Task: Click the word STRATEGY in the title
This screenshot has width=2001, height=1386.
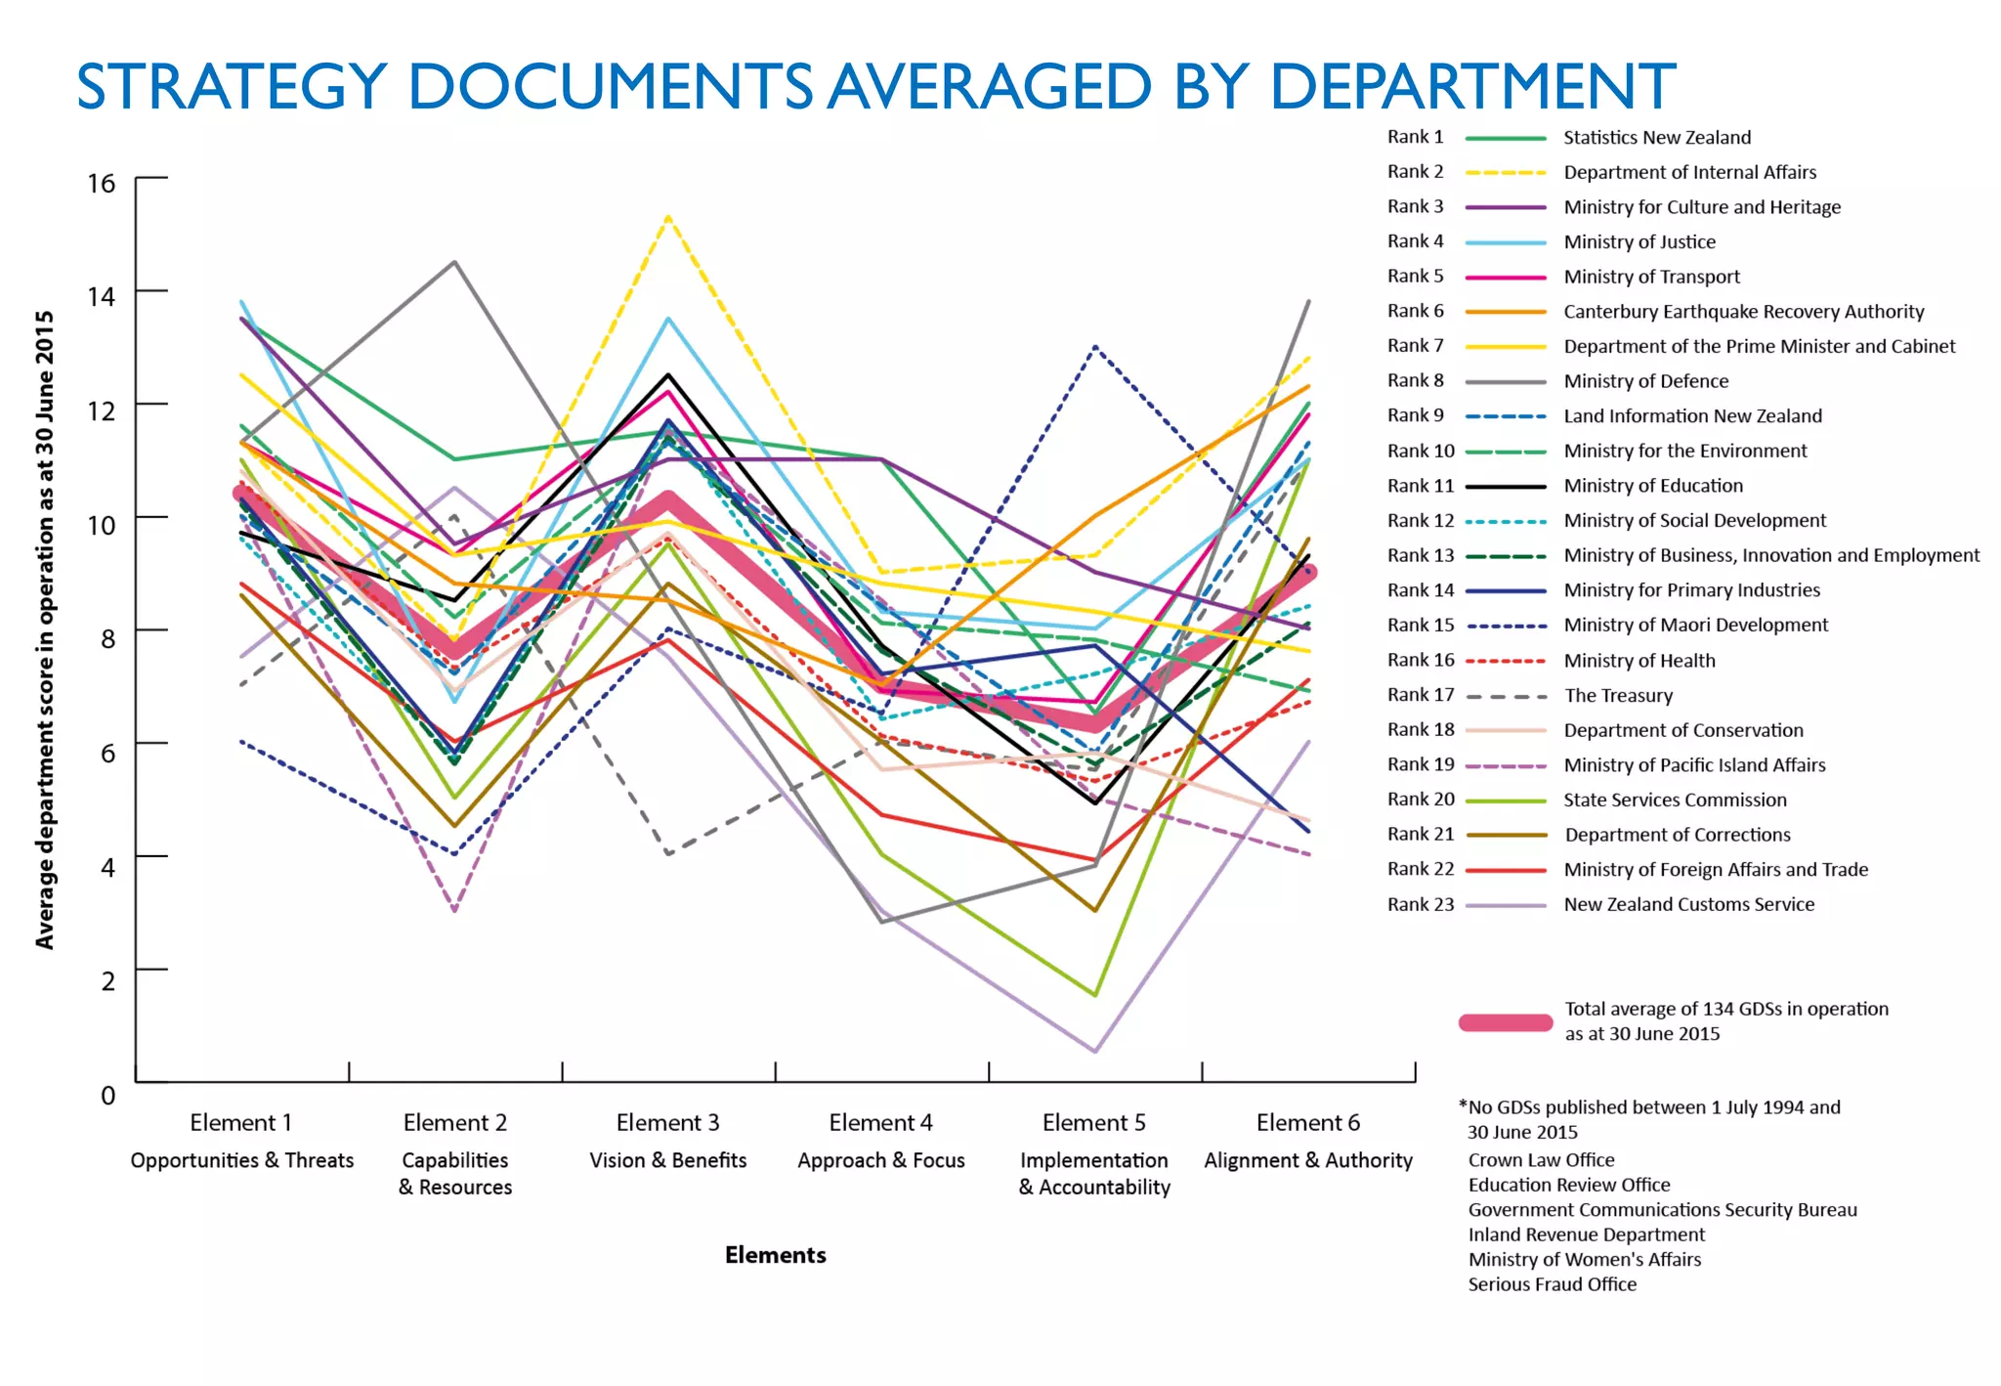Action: (x=232, y=86)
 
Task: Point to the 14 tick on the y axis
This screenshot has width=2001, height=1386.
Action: (x=101, y=295)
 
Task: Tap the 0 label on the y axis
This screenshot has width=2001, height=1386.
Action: (x=107, y=1095)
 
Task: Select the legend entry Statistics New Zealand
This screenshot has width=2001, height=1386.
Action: (x=1656, y=138)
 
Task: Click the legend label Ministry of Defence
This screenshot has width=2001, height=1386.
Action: (x=1645, y=381)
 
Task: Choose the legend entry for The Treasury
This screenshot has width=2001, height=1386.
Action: (x=1618, y=695)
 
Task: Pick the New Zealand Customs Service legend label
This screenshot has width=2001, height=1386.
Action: (x=1688, y=904)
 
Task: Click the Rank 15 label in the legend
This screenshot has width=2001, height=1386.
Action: (x=1420, y=625)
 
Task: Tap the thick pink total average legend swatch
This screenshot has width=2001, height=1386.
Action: (x=1505, y=1022)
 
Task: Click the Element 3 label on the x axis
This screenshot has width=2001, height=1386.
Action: (x=667, y=1122)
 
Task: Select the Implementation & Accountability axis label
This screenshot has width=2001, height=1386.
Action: (x=1093, y=1173)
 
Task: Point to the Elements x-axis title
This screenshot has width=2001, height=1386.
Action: (x=775, y=1254)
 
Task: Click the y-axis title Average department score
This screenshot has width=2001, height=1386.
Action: (x=45, y=629)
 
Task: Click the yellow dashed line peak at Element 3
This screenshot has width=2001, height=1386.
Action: (x=667, y=216)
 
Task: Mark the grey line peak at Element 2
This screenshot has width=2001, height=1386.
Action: (x=454, y=262)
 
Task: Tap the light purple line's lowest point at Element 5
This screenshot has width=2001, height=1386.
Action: (x=1094, y=1052)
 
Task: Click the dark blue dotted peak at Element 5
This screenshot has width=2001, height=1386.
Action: (x=1095, y=346)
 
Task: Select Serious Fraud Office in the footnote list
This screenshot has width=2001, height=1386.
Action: (x=1552, y=1284)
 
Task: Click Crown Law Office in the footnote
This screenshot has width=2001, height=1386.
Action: (x=1541, y=1159)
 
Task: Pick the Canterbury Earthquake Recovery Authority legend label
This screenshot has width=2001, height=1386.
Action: (x=1743, y=312)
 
